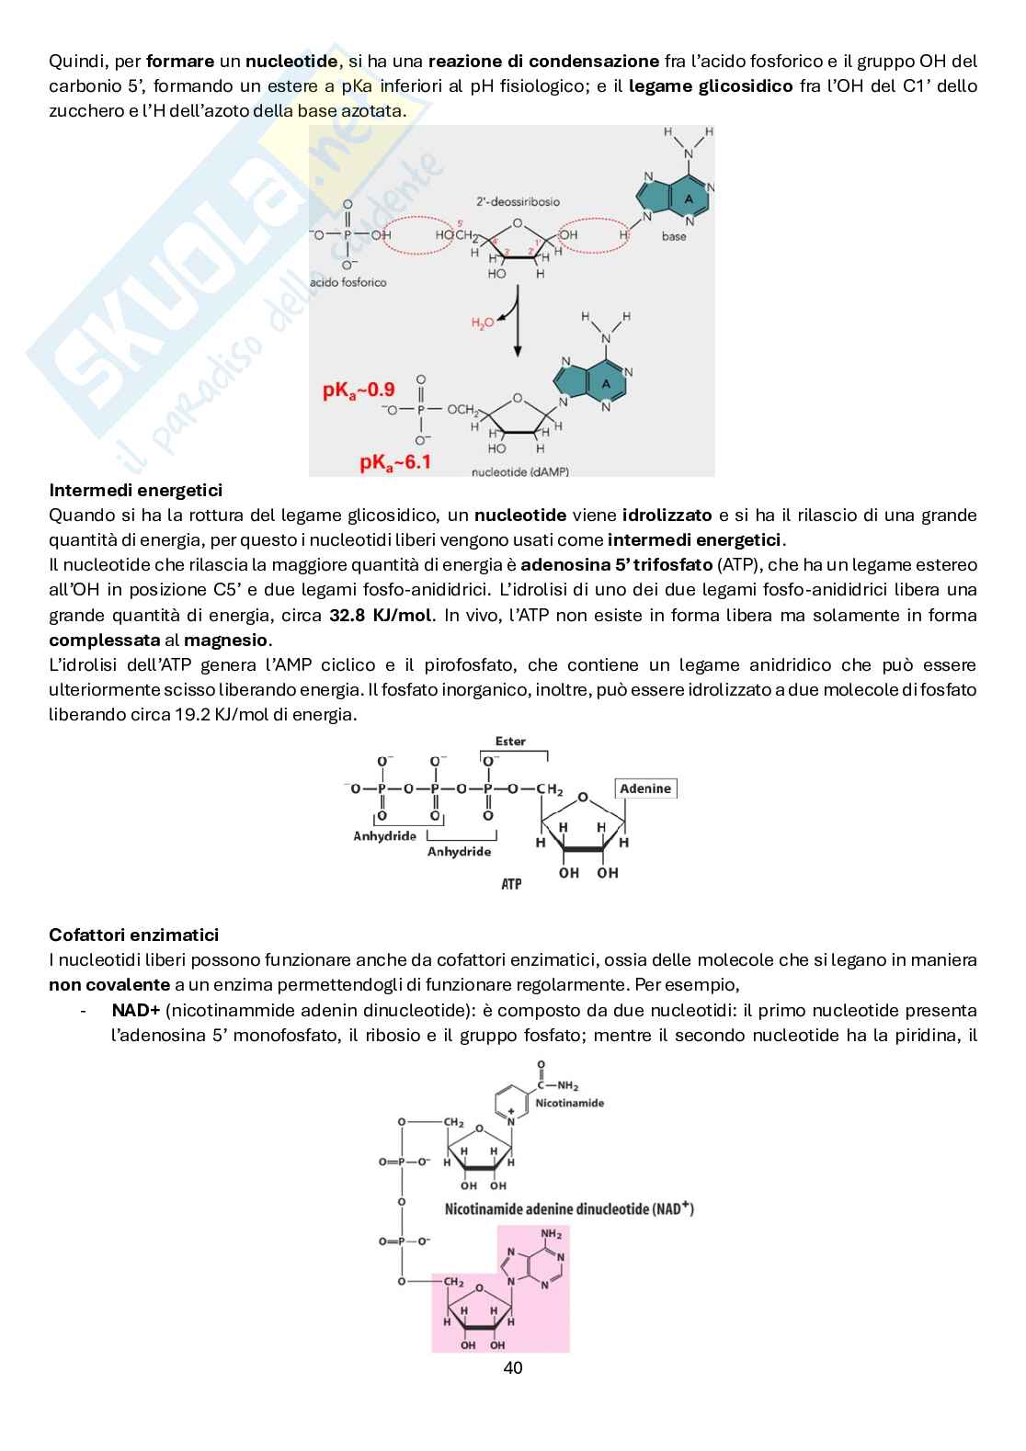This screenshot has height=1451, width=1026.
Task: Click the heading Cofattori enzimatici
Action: click(x=133, y=935)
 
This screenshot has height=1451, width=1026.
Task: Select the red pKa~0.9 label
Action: click(x=359, y=391)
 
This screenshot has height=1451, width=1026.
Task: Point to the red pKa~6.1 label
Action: click(x=395, y=462)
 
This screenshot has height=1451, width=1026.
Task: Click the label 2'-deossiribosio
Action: click(x=518, y=201)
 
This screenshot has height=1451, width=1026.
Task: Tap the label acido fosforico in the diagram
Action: click(x=348, y=282)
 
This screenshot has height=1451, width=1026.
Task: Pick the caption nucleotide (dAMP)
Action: click(x=519, y=470)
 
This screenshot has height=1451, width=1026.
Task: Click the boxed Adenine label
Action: click(x=645, y=788)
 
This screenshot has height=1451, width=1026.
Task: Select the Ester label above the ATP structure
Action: click(x=510, y=742)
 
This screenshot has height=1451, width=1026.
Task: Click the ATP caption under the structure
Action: click(x=511, y=884)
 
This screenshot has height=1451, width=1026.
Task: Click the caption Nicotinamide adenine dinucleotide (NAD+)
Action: click(x=569, y=1208)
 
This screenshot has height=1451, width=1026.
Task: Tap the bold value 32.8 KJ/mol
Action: click(x=381, y=615)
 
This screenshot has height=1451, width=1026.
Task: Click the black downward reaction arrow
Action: click(x=518, y=326)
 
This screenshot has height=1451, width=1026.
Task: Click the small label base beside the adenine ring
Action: click(x=674, y=236)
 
